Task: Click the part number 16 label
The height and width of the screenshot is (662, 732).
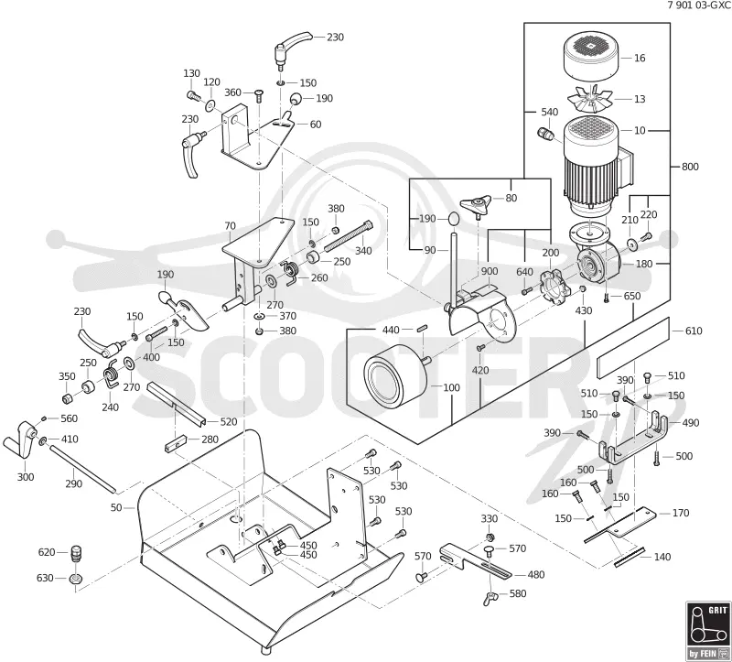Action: [x=640, y=58]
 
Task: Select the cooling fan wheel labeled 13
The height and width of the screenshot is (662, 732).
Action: [x=590, y=99]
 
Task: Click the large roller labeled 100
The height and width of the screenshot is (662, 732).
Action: [x=396, y=374]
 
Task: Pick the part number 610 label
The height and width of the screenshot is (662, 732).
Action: [x=694, y=331]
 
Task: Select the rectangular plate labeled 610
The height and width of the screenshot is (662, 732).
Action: [x=632, y=347]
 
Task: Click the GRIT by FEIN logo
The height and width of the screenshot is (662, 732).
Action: [x=707, y=631]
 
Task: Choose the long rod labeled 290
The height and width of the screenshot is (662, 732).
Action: [x=82, y=468]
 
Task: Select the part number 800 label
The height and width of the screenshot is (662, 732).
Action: [x=690, y=167]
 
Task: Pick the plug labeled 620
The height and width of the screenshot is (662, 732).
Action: [x=76, y=554]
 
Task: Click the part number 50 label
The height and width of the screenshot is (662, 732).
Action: [x=116, y=507]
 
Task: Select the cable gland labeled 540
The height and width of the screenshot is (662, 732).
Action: [x=544, y=133]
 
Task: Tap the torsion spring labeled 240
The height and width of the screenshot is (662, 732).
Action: [x=111, y=373]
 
